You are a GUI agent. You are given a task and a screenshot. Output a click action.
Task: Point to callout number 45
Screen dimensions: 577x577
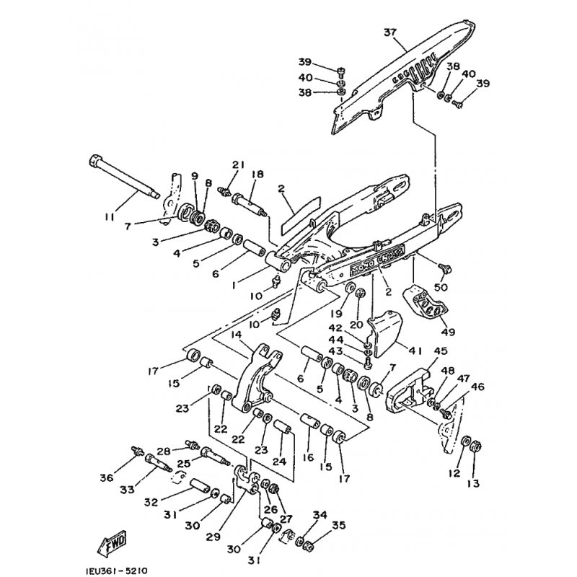[x=440, y=351]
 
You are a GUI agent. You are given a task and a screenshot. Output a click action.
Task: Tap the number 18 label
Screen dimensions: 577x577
[x=257, y=174]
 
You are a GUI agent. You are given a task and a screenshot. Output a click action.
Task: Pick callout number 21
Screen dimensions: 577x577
[x=236, y=164]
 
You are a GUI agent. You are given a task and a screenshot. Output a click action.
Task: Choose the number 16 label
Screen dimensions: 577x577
[x=309, y=457]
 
